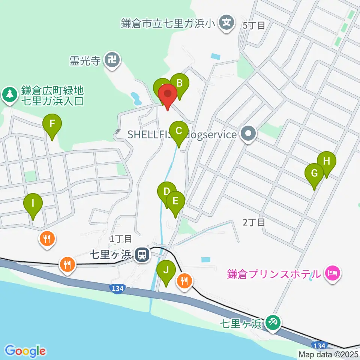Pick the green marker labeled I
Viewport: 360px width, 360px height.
(33, 204)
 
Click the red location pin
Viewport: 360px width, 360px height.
(168, 95)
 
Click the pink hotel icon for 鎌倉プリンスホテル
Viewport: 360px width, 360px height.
(332, 273)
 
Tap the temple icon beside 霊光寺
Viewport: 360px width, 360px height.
(112, 60)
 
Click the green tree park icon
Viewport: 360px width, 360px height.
(9, 95)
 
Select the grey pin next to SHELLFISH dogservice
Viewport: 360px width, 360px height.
(248, 134)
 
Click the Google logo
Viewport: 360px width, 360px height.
(25, 351)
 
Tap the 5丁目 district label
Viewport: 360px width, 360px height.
(254, 25)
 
